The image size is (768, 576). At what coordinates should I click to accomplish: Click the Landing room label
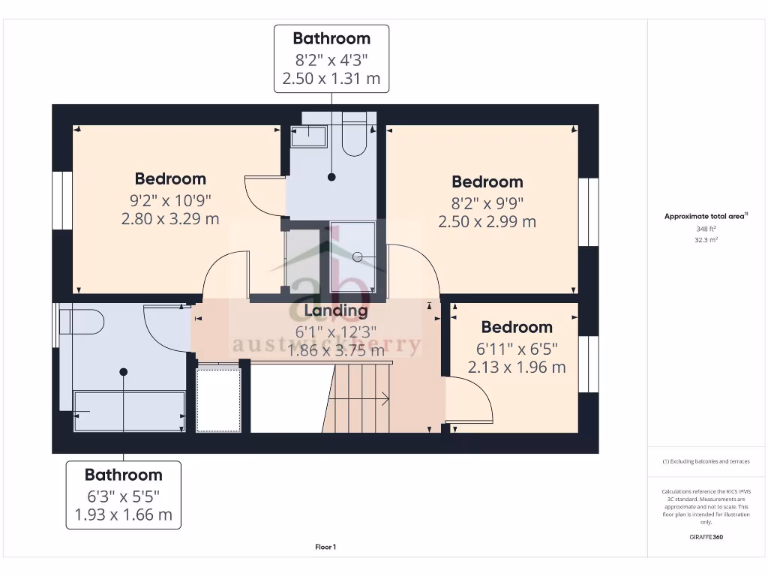[x=335, y=310]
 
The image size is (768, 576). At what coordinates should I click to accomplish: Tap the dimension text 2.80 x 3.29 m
[x=170, y=218]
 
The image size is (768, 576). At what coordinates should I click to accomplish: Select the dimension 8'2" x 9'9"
[x=487, y=202]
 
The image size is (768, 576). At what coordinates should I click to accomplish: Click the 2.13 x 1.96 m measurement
[x=517, y=367]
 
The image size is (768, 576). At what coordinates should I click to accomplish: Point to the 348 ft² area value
[x=706, y=229]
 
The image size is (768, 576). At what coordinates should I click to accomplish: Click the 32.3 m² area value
[x=706, y=240]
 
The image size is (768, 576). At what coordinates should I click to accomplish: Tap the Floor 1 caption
[x=325, y=547]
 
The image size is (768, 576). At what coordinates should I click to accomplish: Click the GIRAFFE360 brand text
[x=706, y=537]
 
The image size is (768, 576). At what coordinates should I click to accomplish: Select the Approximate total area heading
[x=705, y=216]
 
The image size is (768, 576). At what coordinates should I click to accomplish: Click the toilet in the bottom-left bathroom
[x=81, y=322]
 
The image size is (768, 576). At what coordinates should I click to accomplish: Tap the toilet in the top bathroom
[x=354, y=134]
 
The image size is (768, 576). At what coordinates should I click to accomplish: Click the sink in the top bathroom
[x=309, y=136]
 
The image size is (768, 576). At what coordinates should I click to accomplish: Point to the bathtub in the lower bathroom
[x=129, y=411]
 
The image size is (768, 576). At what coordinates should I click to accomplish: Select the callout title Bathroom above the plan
[x=331, y=38]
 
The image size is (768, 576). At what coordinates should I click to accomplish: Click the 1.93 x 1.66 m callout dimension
[x=123, y=514]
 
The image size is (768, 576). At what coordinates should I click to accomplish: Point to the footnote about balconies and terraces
[x=706, y=461]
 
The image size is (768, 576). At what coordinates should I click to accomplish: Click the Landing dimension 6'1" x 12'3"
[x=335, y=331]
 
